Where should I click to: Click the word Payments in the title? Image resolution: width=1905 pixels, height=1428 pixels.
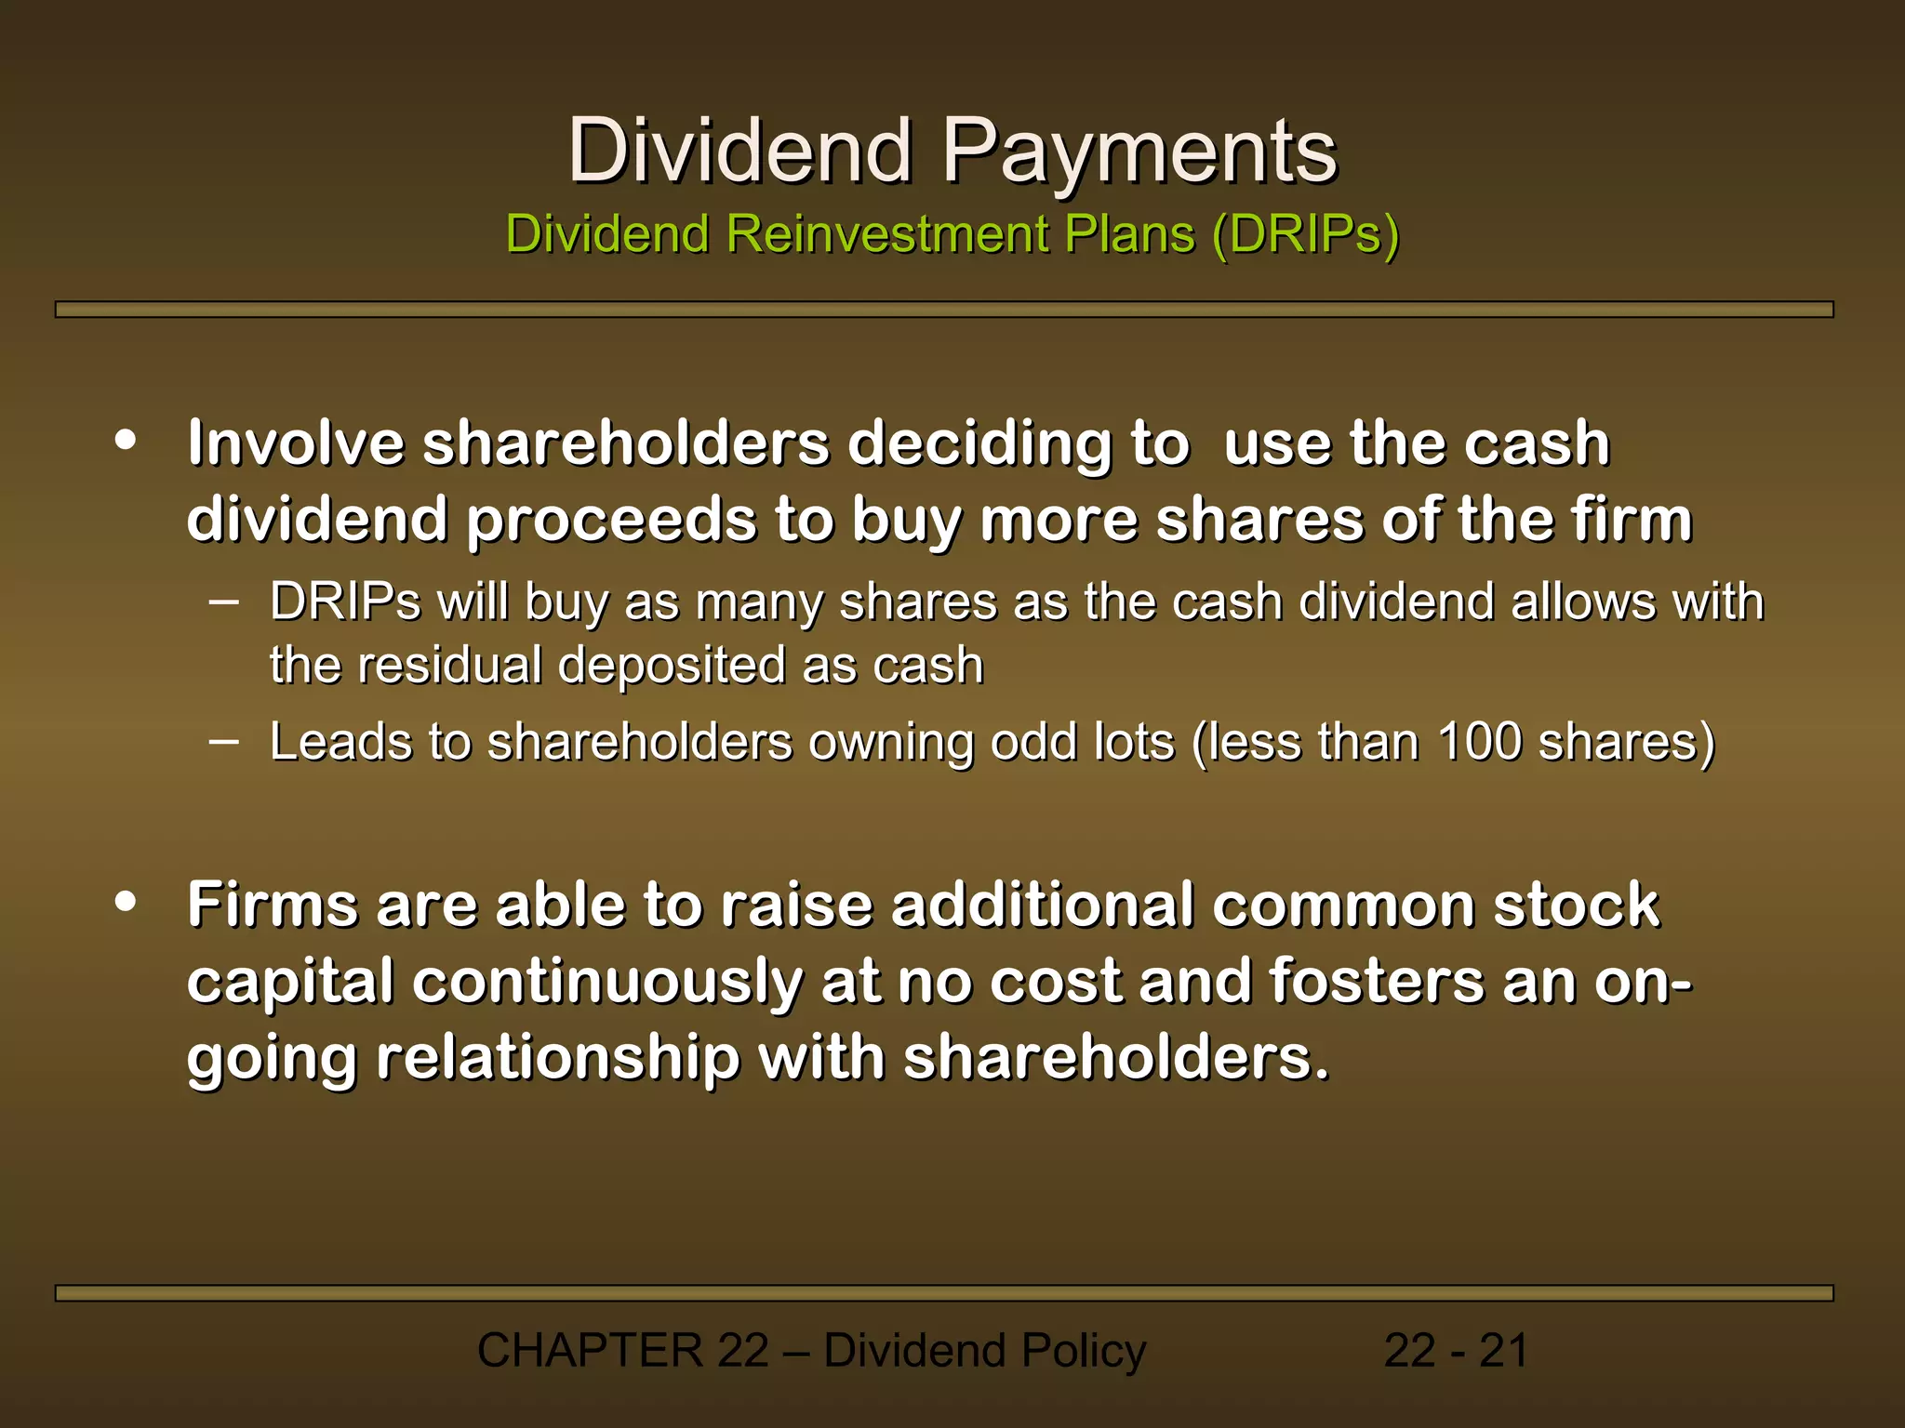pyautogui.click(x=1139, y=151)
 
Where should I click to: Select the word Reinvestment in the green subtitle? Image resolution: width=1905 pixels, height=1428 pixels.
pyautogui.click(x=889, y=233)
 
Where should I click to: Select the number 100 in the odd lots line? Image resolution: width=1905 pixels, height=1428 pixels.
pyautogui.click(x=1479, y=742)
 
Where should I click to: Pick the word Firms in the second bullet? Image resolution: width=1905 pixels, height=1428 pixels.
pyautogui.click(x=273, y=905)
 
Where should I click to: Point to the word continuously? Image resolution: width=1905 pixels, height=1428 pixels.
pyautogui.click(x=607, y=982)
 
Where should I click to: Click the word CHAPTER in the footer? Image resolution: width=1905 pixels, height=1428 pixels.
pyautogui.click(x=590, y=1350)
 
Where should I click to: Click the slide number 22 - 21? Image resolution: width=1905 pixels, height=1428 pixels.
pyautogui.click(x=1456, y=1350)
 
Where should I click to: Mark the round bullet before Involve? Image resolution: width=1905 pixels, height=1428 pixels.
pyautogui.click(x=126, y=440)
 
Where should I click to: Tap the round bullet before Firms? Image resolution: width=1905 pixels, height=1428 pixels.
pyautogui.click(x=126, y=902)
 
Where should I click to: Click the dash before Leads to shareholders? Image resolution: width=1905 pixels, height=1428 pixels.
pyautogui.click(x=223, y=741)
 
